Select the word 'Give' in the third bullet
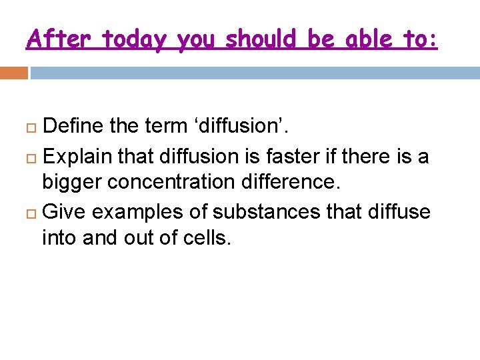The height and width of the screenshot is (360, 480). pos(65,212)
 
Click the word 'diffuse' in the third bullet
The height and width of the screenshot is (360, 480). pos(397,212)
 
